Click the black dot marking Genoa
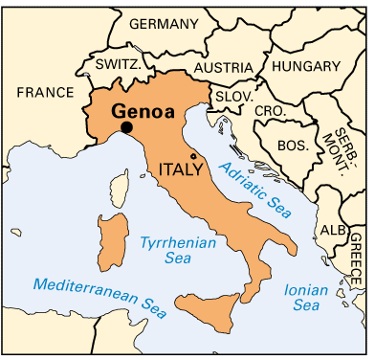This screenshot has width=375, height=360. [x=126, y=128]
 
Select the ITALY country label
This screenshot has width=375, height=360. [x=181, y=169]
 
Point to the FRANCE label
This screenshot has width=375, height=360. [x=44, y=92]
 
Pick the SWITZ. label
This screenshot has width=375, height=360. [x=118, y=64]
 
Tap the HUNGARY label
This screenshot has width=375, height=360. [x=306, y=66]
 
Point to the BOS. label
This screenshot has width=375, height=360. [x=291, y=146]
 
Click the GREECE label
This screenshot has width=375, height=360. [x=356, y=254]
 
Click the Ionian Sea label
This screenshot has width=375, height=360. [x=303, y=297]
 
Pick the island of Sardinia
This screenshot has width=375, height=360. [x=111, y=240]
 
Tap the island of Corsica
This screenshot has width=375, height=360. [x=121, y=187]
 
